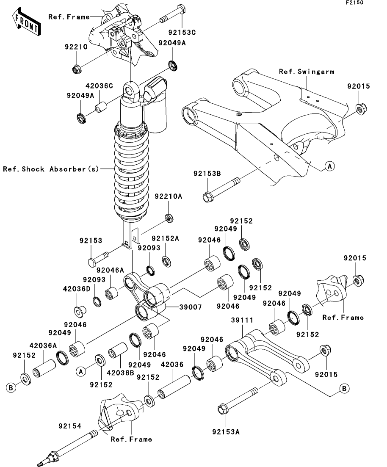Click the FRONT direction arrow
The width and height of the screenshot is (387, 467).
click(x=27, y=23)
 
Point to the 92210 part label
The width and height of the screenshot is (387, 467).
click(x=76, y=47)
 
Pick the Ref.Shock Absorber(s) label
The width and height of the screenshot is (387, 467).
click(x=51, y=169)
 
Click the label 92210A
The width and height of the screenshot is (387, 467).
click(x=168, y=196)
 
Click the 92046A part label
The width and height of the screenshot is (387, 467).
click(x=110, y=270)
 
